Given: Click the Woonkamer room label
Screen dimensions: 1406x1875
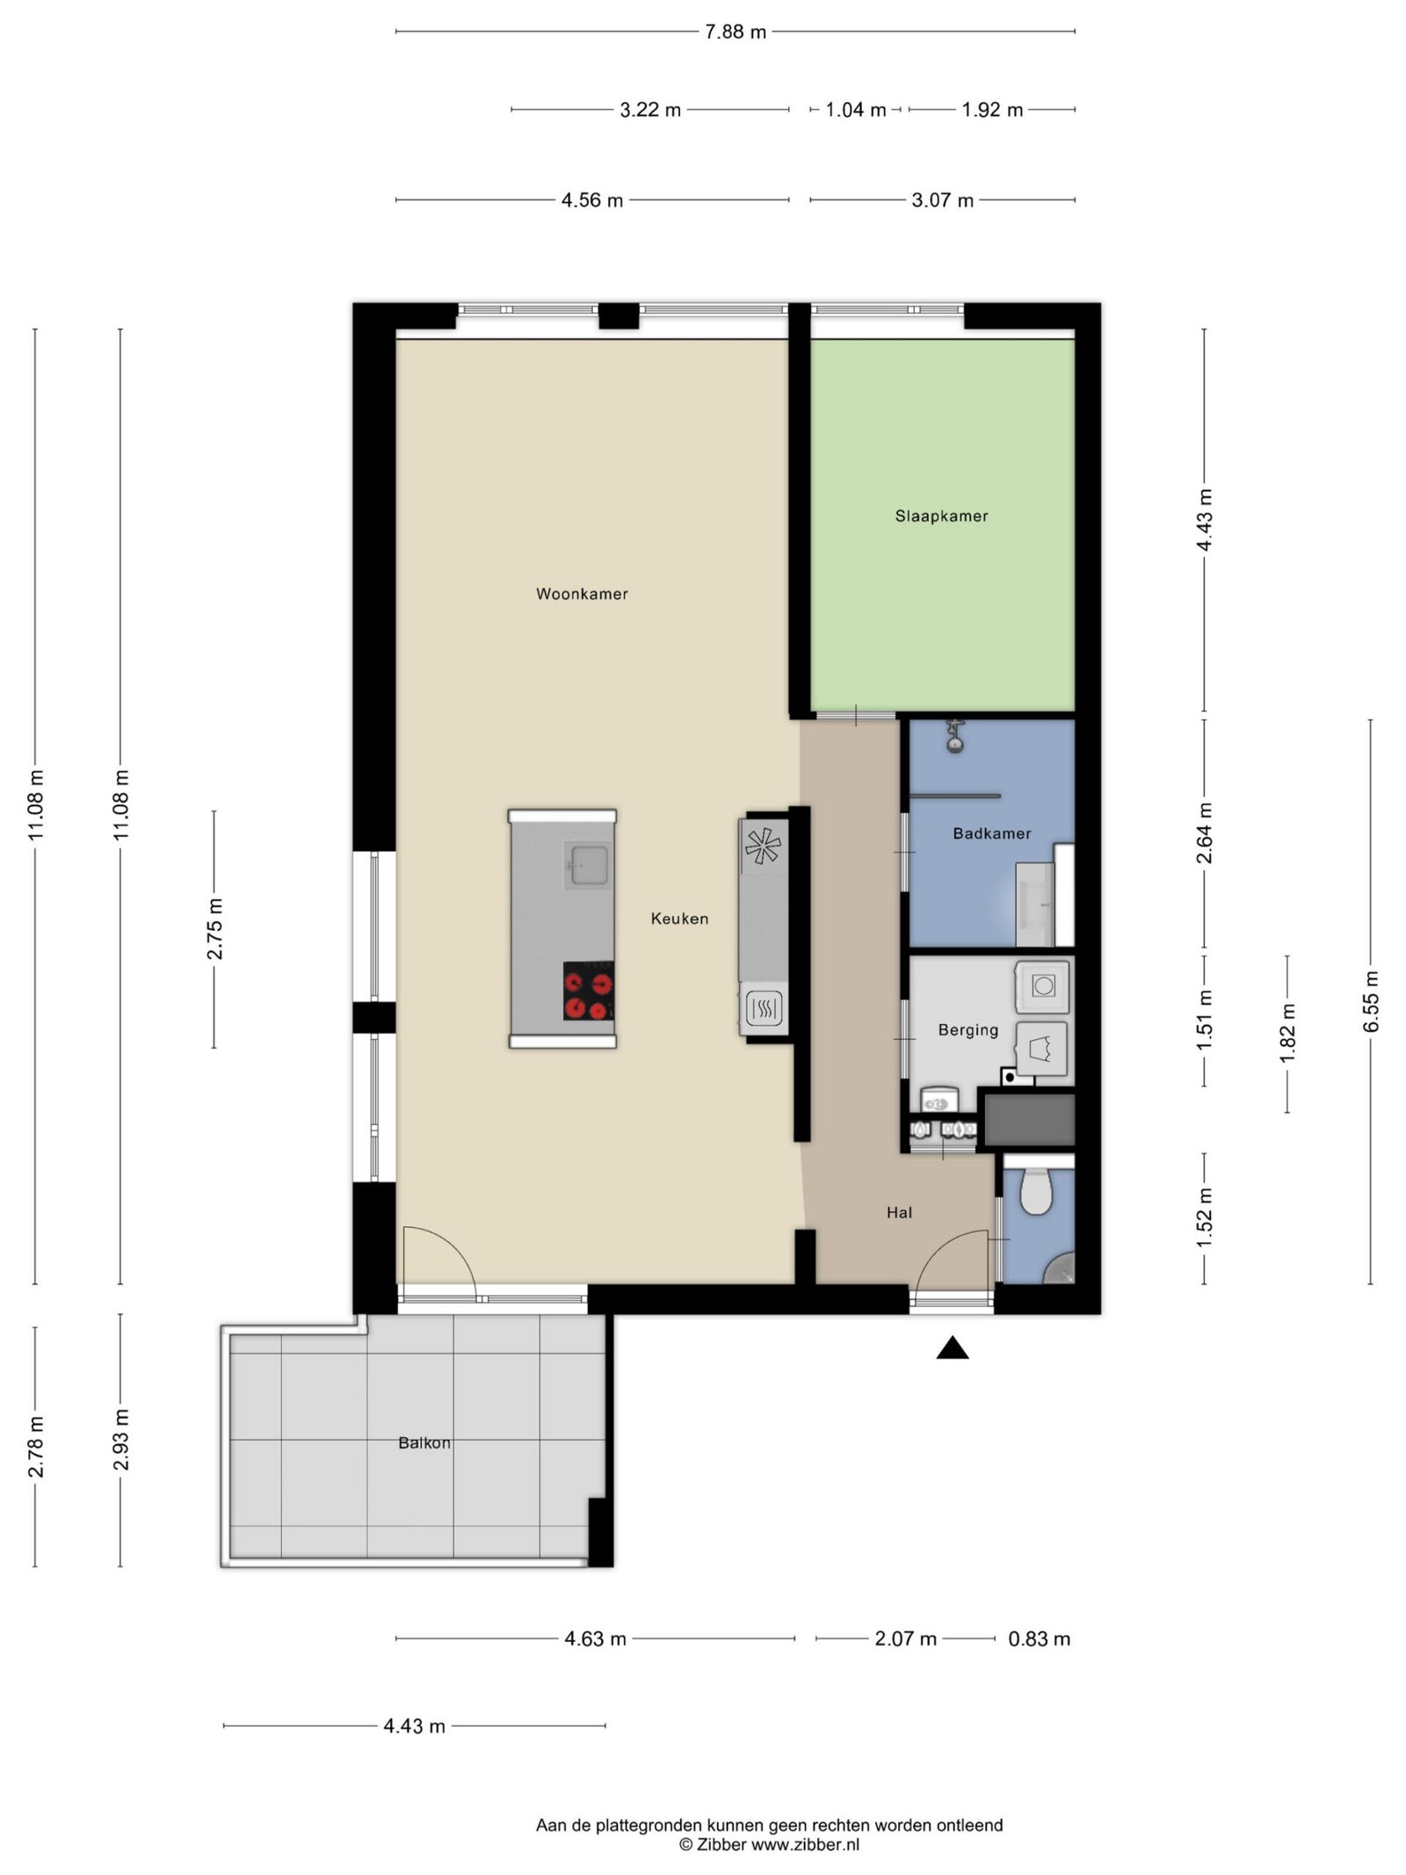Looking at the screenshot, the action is tap(582, 593).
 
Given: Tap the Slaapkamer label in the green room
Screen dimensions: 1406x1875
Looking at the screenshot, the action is tap(941, 516).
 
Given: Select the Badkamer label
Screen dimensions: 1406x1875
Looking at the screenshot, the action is tap(991, 832).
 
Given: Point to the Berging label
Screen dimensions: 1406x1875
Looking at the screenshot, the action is tap(968, 1029).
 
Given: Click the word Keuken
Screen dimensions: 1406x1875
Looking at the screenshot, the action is tap(679, 918).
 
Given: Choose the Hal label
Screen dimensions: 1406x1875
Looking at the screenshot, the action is tap(899, 1212).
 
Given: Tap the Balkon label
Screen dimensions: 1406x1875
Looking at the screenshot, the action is tap(424, 1443).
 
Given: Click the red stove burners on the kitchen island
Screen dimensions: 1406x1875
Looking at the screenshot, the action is tap(588, 992).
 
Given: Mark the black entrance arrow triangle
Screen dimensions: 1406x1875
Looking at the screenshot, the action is tap(952, 1348).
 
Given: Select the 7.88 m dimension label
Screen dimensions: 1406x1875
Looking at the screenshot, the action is tap(736, 33).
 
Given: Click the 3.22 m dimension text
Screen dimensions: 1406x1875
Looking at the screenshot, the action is tap(650, 110).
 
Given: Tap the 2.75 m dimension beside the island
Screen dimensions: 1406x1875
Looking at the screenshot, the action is tap(214, 929).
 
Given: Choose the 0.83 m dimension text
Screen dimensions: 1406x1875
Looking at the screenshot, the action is tap(1039, 1639).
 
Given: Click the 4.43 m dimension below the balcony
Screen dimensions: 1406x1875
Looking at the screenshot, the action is tap(414, 1726).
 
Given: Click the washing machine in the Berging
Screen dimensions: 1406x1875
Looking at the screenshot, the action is tap(1042, 985).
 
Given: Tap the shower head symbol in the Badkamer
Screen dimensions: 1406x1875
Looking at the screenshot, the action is tap(955, 737).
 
